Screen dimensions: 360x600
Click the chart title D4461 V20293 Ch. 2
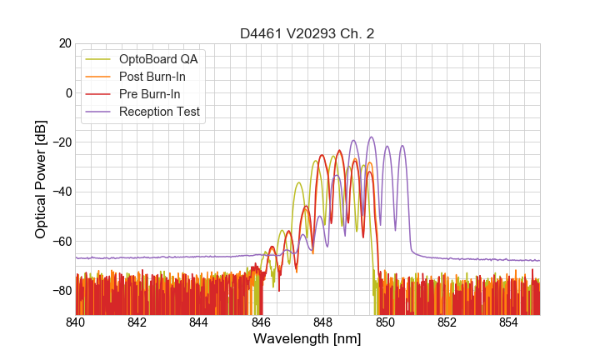tap(307, 34)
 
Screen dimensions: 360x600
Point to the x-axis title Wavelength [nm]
tap(307, 339)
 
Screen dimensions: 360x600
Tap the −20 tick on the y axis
tap(61, 142)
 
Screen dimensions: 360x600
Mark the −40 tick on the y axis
tap(61, 192)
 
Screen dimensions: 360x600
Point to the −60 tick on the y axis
tap(61, 242)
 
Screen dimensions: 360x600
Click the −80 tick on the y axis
tap(61, 291)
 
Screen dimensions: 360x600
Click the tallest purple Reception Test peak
tap(372, 137)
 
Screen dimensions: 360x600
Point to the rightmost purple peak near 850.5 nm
tap(402, 146)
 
